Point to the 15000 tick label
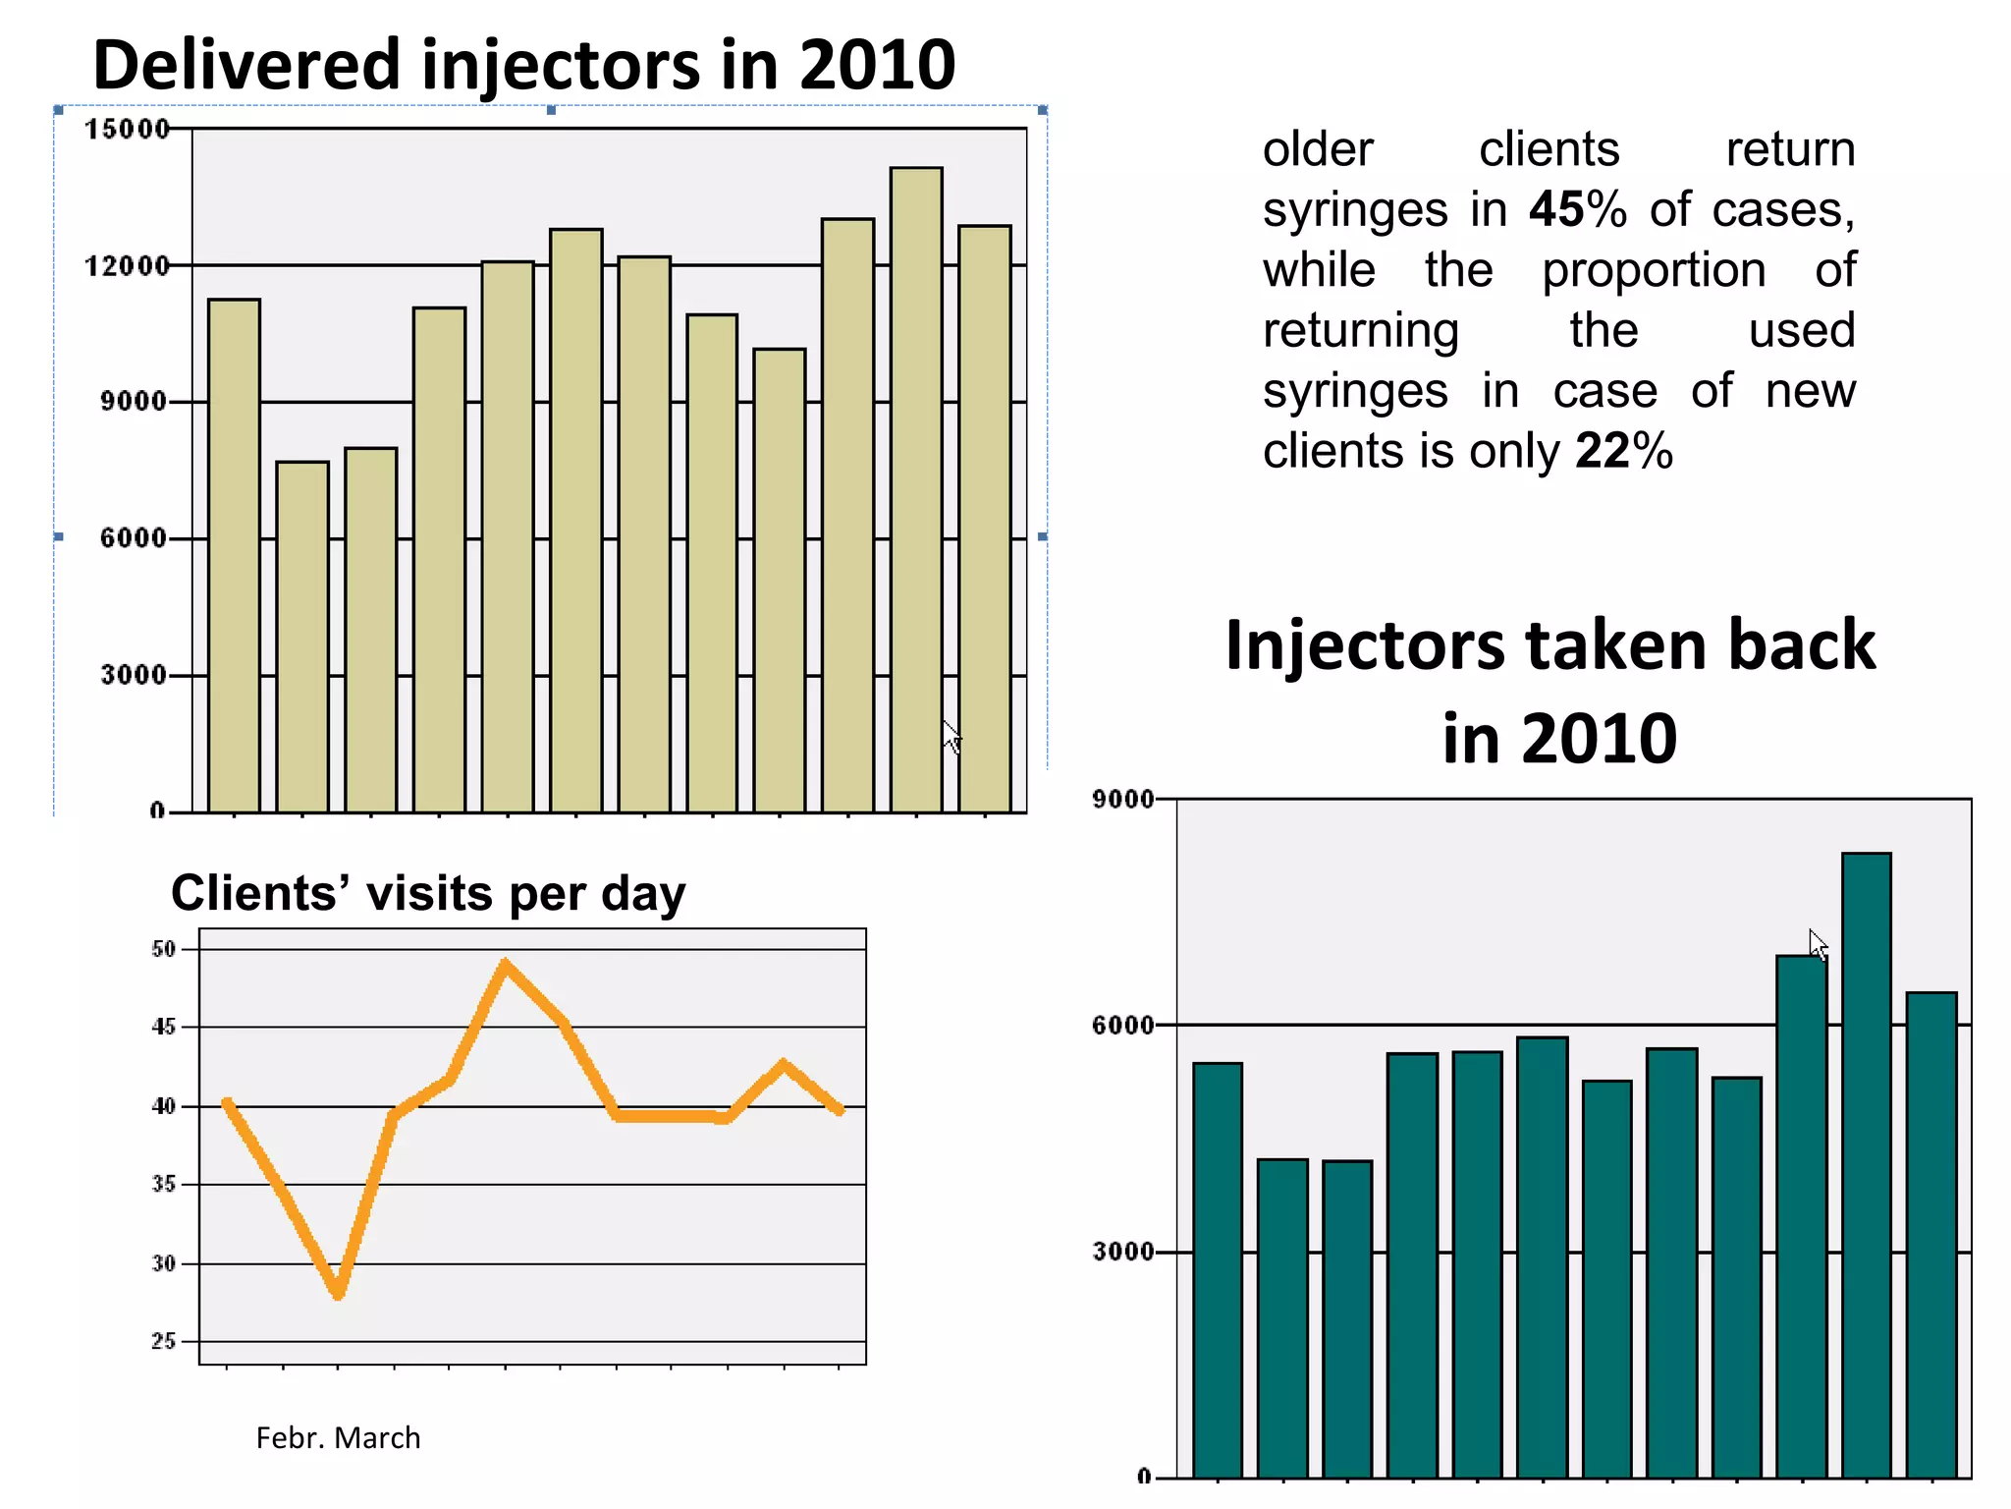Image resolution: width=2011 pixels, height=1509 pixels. pos(127,130)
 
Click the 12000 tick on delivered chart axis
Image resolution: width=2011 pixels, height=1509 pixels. pos(127,266)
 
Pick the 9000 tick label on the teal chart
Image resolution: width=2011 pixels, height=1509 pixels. pos(1122,800)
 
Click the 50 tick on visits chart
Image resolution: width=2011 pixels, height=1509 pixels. pos(163,949)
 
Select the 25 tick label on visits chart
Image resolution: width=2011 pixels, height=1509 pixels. pos(163,1341)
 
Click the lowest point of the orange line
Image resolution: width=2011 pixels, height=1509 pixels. pos(338,1293)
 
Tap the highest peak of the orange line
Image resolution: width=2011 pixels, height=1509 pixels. pos(506,965)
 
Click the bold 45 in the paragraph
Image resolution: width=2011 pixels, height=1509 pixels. pos(1556,209)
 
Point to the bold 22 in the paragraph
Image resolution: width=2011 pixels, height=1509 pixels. pos(1603,451)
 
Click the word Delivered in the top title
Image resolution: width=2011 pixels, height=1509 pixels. pos(247,65)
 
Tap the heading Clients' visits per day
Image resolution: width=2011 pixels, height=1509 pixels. pos(428,893)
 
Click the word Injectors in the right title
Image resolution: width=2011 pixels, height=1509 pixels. pos(1365,645)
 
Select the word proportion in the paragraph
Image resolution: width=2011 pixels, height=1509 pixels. pos(1653,270)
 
